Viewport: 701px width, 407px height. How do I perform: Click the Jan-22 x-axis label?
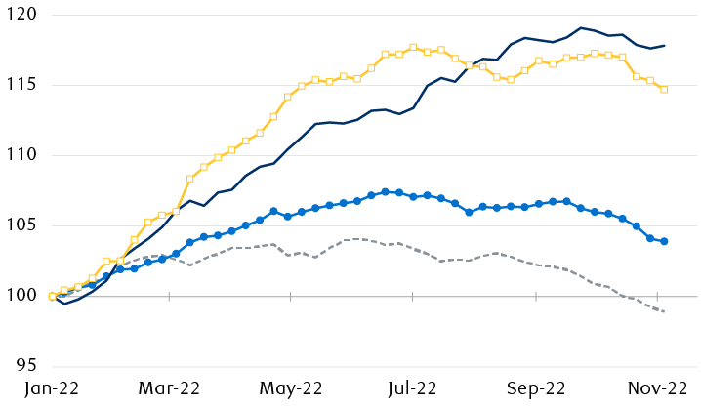[51, 387]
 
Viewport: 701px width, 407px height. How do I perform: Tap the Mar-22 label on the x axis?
[170, 387]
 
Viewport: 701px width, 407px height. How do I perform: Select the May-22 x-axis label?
[292, 387]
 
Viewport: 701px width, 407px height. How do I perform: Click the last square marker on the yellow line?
[664, 90]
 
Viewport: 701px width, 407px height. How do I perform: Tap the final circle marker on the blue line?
[664, 241]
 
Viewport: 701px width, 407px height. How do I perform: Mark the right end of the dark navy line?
[665, 45]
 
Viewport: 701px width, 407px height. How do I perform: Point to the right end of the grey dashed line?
[665, 311]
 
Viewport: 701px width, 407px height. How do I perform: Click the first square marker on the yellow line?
[51, 296]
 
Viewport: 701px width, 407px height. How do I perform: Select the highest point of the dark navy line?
[581, 27]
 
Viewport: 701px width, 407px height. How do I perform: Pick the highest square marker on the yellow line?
[413, 47]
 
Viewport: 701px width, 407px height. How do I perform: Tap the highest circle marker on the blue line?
[386, 191]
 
